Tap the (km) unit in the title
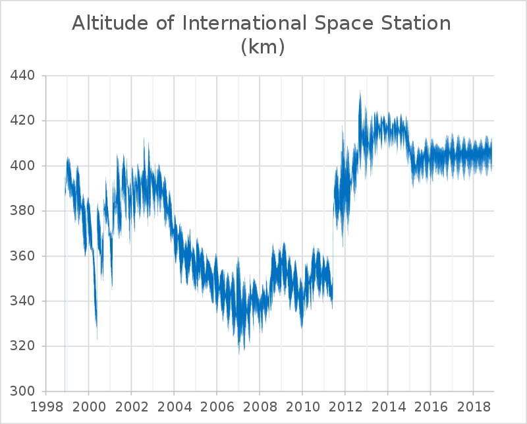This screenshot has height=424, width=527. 262,47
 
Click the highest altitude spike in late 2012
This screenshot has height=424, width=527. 360,93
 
